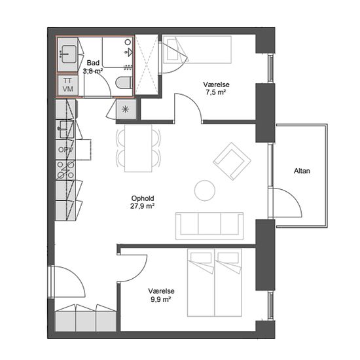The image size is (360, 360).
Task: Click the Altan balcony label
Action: [302, 171]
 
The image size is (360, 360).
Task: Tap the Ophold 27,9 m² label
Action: [142, 202]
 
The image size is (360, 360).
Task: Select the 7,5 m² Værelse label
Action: [216, 88]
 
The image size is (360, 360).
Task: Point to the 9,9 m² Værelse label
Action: [161, 295]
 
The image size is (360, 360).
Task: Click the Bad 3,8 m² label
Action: [93, 67]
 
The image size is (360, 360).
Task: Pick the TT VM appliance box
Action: [67, 85]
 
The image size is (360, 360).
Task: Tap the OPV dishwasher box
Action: [65, 150]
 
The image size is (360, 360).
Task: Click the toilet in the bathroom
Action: [124, 82]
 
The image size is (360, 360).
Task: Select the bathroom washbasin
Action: [69, 54]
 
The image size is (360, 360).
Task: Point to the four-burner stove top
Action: [65, 170]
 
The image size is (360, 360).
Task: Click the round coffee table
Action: [205, 190]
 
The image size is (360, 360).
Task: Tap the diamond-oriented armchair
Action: [232, 161]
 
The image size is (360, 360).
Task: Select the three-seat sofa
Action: [209, 226]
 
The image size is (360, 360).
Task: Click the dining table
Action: [138, 148]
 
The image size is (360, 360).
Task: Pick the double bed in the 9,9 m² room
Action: [215, 282]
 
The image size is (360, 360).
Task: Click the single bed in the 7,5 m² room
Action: [197, 49]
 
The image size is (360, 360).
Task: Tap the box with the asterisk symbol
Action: [126, 109]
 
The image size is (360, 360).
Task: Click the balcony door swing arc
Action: [291, 199]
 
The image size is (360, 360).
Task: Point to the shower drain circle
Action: [128, 42]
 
